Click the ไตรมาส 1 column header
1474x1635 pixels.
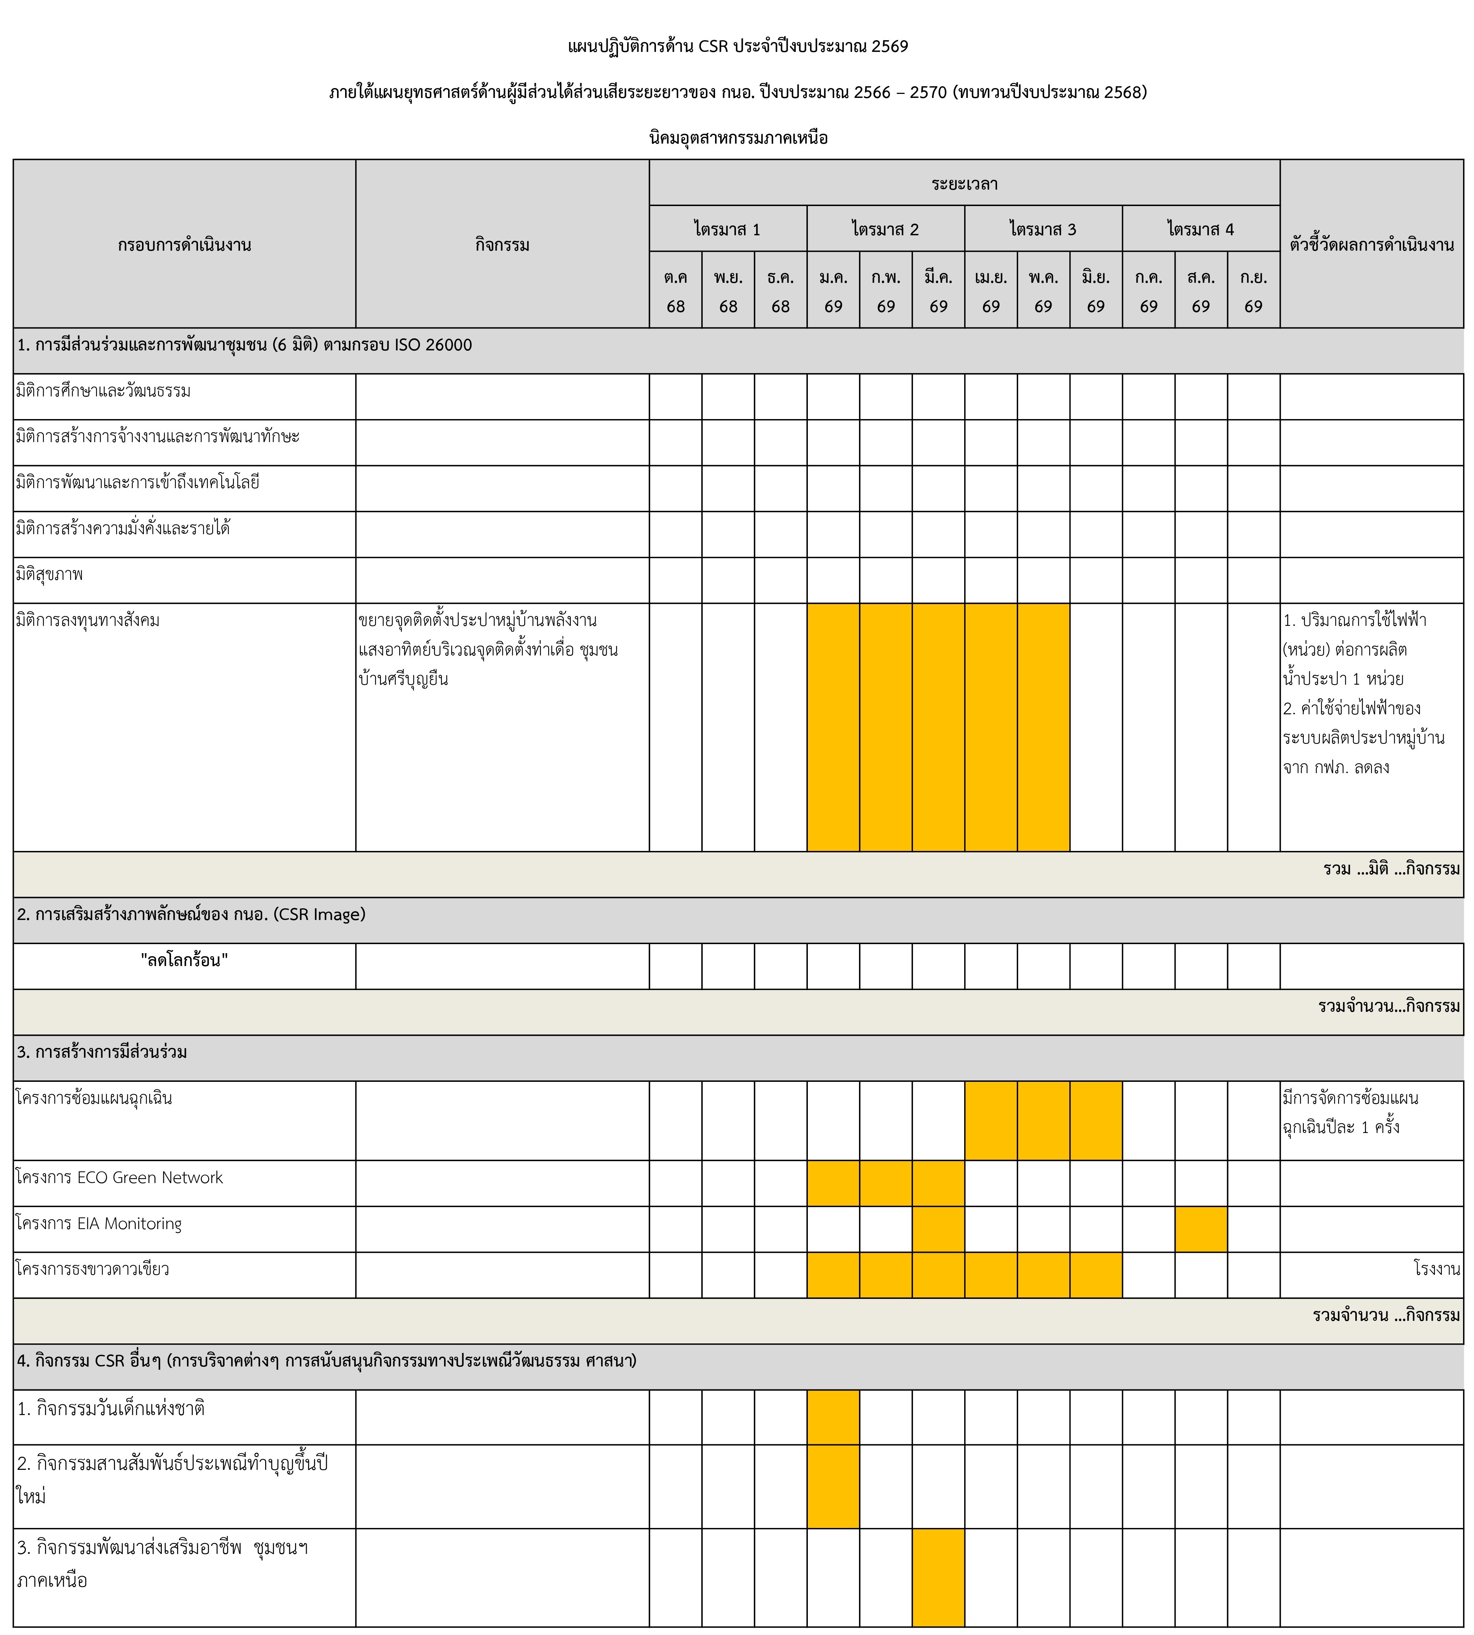pos(727,229)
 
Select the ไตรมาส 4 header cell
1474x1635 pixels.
pos(1200,229)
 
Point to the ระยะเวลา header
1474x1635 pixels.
pos(964,184)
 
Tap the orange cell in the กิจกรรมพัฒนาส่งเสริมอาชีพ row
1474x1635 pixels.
pos(938,1578)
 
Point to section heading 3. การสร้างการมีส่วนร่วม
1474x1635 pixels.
pos(102,1052)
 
